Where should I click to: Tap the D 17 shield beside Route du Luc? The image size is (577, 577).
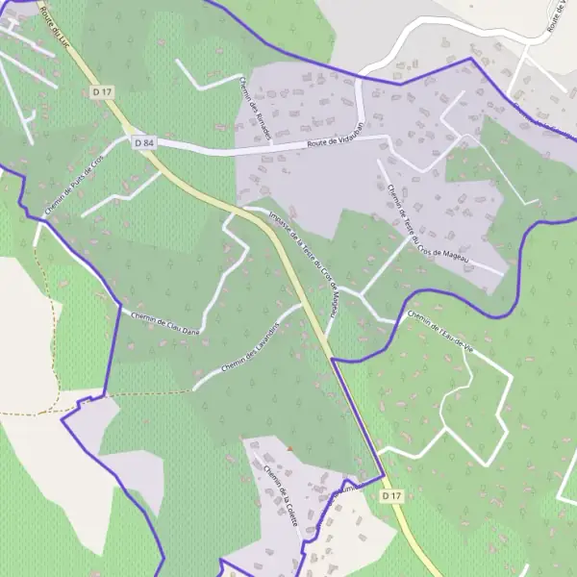coord(103,91)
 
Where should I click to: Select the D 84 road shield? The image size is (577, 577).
coord(144,142)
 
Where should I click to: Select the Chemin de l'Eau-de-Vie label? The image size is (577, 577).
coord(442,330)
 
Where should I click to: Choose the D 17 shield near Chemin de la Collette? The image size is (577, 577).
coord(389,496)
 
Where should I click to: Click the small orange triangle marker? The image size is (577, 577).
coord(288,448)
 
